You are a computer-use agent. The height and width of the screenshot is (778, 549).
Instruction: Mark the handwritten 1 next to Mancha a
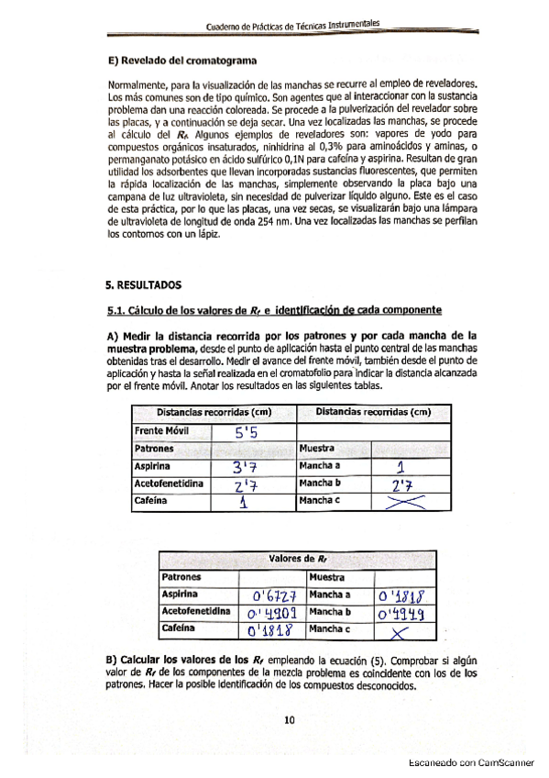point(389,467)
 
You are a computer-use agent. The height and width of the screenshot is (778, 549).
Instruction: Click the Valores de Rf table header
point(298,560)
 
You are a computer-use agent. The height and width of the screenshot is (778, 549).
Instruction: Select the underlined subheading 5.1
point(275,309)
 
